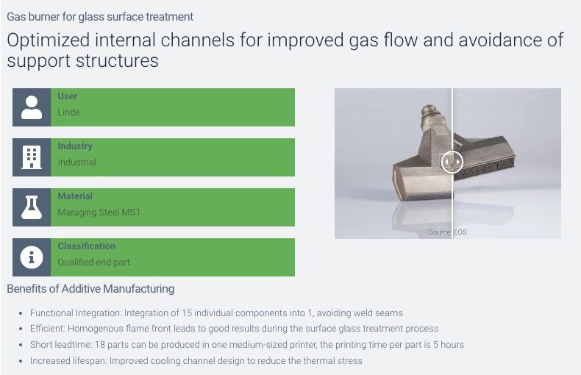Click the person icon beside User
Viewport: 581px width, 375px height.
32,107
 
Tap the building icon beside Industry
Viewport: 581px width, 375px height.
32,157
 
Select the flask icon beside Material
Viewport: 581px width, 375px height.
32,207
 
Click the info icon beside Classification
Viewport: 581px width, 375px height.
32,257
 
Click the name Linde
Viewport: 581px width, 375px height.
68,113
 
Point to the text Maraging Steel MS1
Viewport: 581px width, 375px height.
99,213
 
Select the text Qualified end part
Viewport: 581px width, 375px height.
93,262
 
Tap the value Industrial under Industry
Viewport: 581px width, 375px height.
76,162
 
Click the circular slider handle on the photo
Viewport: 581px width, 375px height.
452,162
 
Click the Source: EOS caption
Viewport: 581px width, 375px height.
448,232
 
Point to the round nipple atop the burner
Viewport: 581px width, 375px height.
429,110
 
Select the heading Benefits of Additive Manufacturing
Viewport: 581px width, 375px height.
90,289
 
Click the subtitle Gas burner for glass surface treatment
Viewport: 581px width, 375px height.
100,17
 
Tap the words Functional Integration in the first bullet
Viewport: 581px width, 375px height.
75,313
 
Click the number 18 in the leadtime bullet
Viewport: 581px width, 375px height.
100,345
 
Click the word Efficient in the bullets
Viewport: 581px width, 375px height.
47,329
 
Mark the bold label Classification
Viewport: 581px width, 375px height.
86,246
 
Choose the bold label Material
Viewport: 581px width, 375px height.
75,196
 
